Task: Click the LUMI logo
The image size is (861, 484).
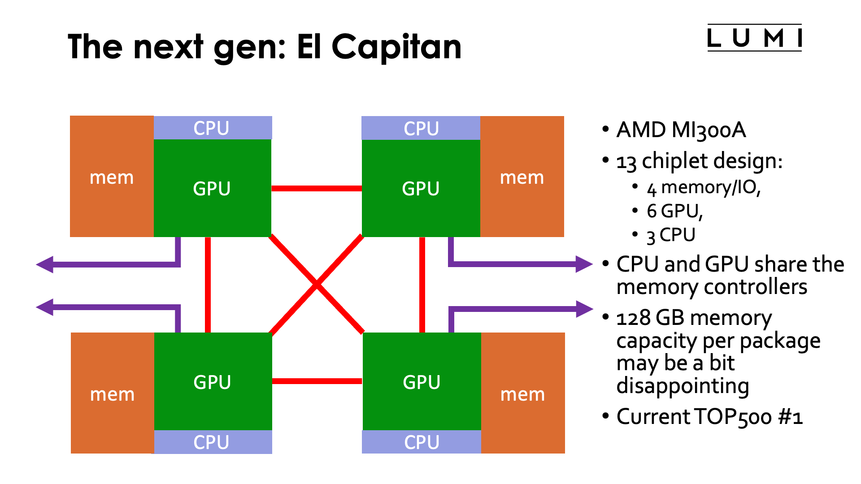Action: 754,38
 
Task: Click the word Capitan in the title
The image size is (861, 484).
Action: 396,47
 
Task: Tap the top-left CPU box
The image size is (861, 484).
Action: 212,128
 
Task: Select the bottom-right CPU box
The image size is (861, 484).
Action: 422,442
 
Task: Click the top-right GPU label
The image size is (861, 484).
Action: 421,189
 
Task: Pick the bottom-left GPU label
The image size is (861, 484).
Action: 212,382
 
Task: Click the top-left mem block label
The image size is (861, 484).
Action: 112,177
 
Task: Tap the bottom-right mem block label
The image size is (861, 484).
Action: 522,394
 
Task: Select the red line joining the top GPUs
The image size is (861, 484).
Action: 317,189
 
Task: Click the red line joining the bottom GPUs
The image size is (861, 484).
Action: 317,381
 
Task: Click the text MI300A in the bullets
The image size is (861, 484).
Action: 709,130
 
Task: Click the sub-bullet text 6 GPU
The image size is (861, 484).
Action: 674,211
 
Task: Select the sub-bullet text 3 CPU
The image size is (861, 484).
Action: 670,235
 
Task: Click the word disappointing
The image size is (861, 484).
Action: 683,386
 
